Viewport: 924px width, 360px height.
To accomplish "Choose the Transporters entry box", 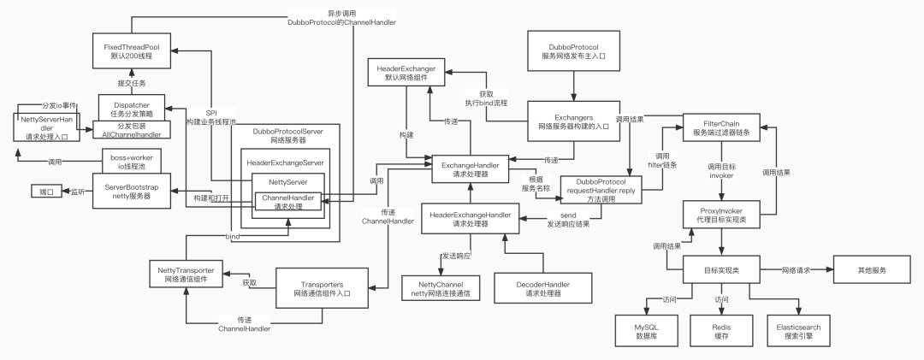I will (323, 288).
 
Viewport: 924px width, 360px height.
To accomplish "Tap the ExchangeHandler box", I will (470, 167).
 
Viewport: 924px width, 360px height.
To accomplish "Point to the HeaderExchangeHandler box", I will (470, 220).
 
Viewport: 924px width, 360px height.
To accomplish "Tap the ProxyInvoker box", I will (721, 215).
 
